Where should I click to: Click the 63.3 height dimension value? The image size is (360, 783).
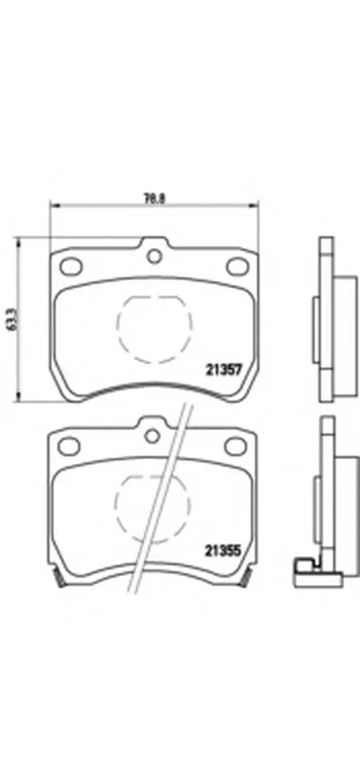coord(10,319)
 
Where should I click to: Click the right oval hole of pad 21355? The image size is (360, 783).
coord(236,445)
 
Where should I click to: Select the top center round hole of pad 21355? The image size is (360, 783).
coord(154,436)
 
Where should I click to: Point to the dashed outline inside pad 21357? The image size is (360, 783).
coord(153,323)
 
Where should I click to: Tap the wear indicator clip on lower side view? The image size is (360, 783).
coord(307,567)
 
